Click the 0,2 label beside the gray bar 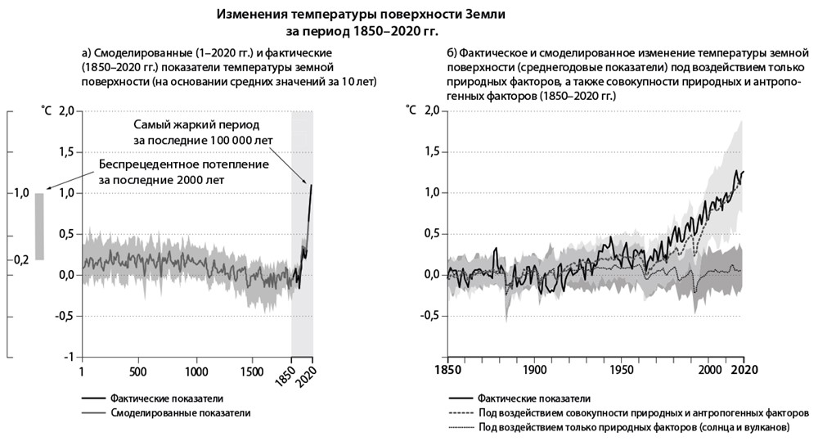click(20, 259)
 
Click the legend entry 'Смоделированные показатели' click(180, 413)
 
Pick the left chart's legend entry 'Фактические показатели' click(169, 398)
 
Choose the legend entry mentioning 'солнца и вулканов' click(634, 428)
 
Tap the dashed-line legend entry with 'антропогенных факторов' click(644, 413)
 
